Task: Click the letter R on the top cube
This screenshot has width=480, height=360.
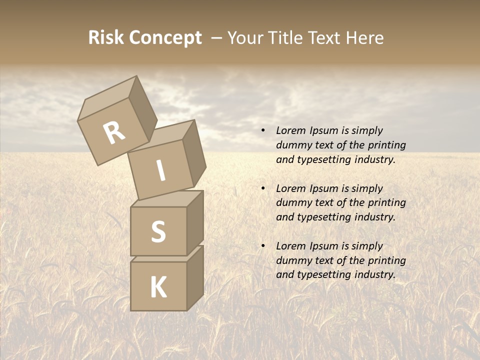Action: (114, 132)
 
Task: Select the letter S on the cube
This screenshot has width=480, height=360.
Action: (158, 231)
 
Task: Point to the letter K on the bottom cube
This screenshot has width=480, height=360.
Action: (158, 287)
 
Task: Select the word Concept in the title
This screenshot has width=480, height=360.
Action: (165, 38)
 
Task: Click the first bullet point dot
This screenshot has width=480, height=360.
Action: (263, 131)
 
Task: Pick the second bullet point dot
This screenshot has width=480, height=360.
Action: (263, 189)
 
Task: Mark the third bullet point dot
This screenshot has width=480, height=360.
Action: (263, 246)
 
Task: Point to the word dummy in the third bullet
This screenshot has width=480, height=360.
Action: (292, 260)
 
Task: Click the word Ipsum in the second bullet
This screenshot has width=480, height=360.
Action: (324, 188)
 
